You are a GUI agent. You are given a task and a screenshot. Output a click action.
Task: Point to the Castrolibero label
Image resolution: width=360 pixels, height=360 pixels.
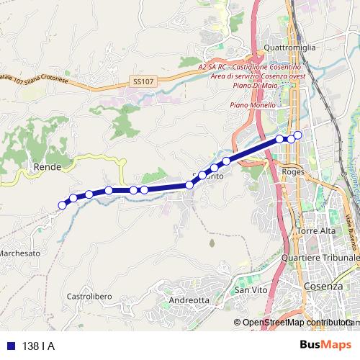(x=87, y=296)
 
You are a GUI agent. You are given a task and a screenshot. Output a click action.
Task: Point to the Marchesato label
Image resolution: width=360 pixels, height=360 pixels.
(x=20, y=253)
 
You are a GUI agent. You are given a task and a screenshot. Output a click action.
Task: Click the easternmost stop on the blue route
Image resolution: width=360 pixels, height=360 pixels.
(x=297, y=135)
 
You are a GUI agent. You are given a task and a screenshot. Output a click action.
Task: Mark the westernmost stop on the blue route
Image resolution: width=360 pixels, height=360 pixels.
(x=62, y=205)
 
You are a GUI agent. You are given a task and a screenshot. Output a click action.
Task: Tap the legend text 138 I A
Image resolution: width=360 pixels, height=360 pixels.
(x=39, y=346)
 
